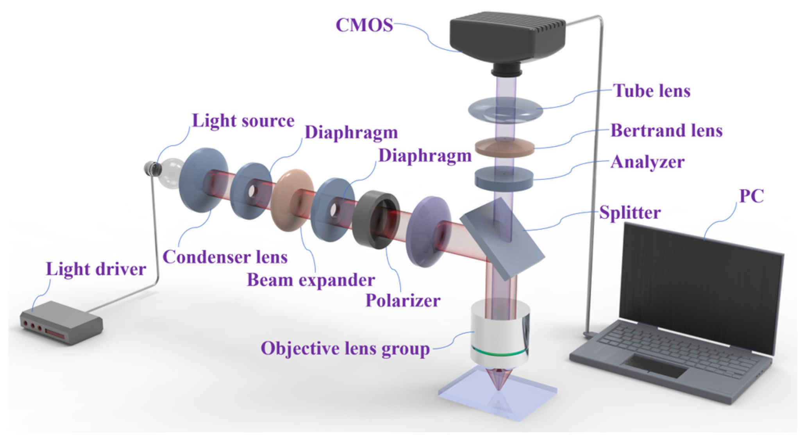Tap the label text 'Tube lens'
coord(652,91)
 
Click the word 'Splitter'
coord(630,213)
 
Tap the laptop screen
coord(699,281)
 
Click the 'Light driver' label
coord(96,269)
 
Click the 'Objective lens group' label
coord(345,348)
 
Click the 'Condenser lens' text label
coord(225,257)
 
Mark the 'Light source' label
coord(243,121)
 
